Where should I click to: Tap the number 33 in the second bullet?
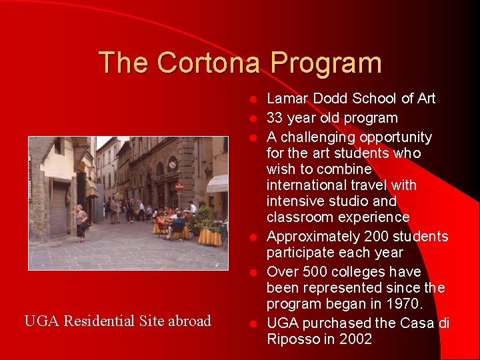pyautogui.click(x=274, y=119)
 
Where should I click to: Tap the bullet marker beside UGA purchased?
pyautogui.click(x=253, y=324)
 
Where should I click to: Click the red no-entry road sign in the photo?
pyautogui.click(x=179, y=187)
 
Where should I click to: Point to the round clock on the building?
pyautogui.click(x=173, y=163)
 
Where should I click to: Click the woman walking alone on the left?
pyautogui.click(x=81, y=222)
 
